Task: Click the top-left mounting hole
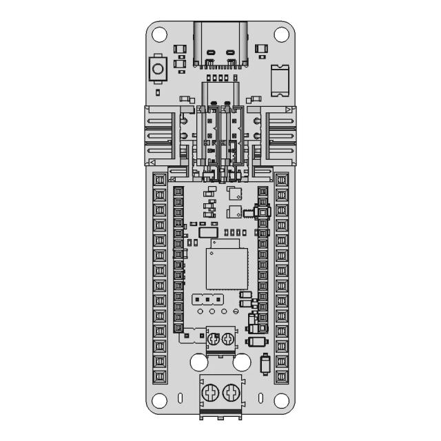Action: click(x=161, y=32)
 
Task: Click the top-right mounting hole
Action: click(x=280, y=32)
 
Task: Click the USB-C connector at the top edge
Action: click(x=220, y=43)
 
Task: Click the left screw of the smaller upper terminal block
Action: click(x=214, y=338)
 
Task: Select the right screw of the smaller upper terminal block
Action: click(x=228, y=338)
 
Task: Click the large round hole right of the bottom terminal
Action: click(x=242, y=362)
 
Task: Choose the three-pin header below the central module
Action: click(x=207, y=300)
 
